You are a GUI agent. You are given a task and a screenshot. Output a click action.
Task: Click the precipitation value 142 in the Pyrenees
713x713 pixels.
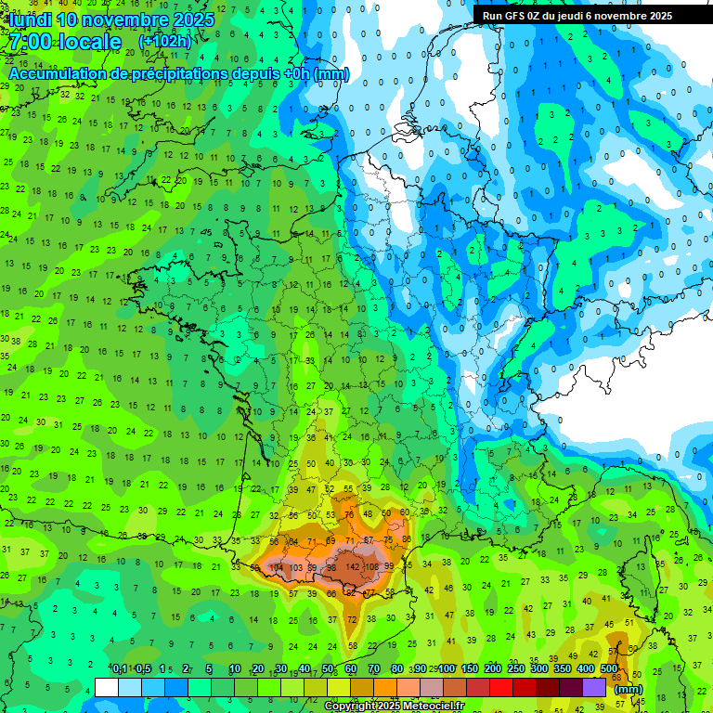point(353,566)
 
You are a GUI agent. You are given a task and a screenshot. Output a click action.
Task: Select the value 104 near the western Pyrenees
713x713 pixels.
point(277,567)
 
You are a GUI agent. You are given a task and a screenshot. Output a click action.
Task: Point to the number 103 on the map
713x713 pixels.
point(296,567)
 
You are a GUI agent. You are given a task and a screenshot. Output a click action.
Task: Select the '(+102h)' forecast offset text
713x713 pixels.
point(164,42)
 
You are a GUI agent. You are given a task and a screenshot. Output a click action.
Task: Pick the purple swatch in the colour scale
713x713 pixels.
point(594,687)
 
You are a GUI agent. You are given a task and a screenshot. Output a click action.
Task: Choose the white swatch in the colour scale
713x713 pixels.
point(107,687)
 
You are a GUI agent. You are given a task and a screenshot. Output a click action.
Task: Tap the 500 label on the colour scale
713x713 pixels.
point(609,669)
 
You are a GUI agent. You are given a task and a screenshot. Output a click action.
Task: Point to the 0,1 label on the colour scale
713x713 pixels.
point(120,669)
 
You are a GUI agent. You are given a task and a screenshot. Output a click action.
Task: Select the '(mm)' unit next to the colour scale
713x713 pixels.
point(629,690)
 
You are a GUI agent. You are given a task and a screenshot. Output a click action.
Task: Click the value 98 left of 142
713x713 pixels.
point(331,567)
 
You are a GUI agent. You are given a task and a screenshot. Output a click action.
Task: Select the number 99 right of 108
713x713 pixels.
point(389,566)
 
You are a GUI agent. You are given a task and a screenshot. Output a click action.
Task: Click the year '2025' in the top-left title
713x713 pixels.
point(185,19)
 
